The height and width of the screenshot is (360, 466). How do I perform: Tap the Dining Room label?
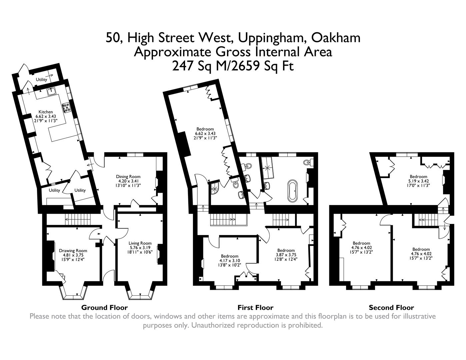[128, 177]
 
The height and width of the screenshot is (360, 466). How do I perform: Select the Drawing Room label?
[73, 251]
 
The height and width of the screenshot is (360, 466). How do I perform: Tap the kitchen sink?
[52, 91]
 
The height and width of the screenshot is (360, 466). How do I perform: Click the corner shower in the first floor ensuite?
[214, 189]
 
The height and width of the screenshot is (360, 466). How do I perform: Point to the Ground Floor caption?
[104, 307]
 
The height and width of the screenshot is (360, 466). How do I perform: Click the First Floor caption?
[255, 307]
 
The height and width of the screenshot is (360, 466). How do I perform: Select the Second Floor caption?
[391, 307]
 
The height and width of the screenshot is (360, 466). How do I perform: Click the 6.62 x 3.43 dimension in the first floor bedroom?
[205, 133]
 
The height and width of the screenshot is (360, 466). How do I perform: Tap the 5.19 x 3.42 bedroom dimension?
[418, 181]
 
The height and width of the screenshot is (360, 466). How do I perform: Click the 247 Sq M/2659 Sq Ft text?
[233, 66]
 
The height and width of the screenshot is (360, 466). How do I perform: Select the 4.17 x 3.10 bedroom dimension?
[229, 261]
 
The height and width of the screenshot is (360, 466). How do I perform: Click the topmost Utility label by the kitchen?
[42, 79]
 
